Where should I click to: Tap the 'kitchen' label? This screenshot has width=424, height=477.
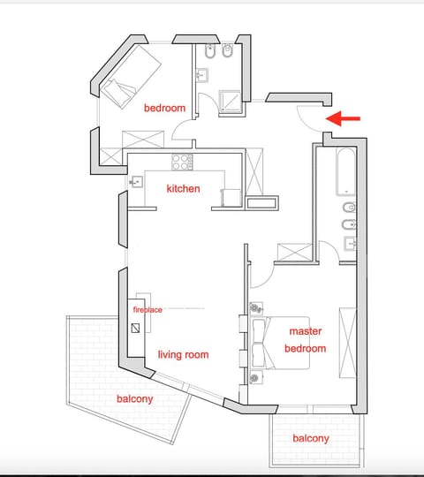click(x=183, y=188)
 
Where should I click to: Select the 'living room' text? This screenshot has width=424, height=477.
click(x=183, y=354)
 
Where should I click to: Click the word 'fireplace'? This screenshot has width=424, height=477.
click(x=148, y=310)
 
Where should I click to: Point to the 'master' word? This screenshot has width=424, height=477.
click(x=305, y=331)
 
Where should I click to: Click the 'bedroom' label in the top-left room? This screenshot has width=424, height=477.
click(x=165, y=108)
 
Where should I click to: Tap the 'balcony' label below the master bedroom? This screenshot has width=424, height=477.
click(x=311, y=438)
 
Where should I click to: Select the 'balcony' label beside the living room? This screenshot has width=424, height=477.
click(x=134, y=398)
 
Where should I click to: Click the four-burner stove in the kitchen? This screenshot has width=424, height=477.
click(x=182, y=162)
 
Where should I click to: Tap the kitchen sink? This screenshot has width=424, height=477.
click(x=139, y=182)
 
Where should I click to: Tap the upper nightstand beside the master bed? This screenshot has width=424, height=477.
click(x=255, y=308)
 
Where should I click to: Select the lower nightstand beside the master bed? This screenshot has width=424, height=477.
click(x=255, y=377)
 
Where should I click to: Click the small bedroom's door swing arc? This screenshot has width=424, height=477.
click(x=182, y=132)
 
